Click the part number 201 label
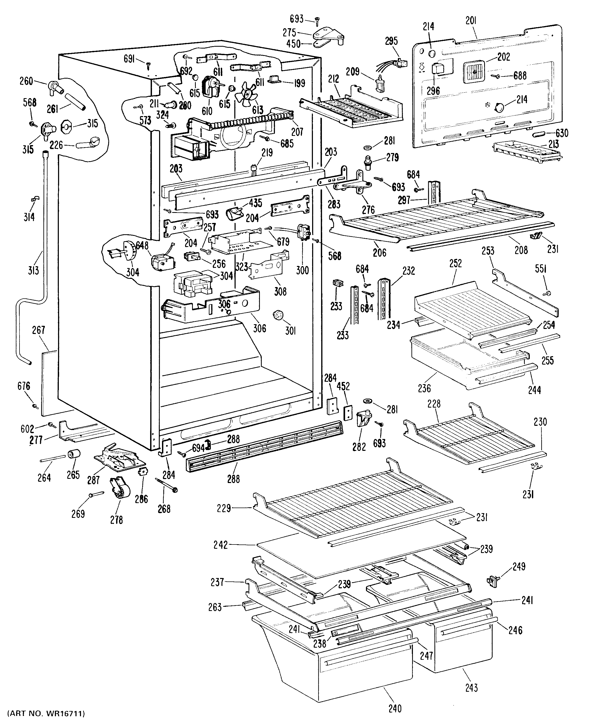[471, 21]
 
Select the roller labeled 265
[74, 454]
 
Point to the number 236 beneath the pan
[424, 388]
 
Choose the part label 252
[455, 263]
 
